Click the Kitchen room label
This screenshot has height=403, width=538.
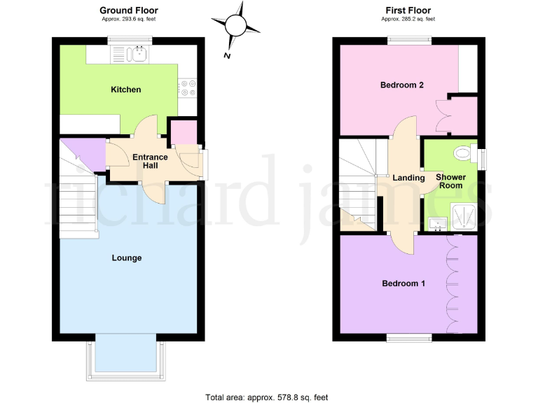tap(125, 90)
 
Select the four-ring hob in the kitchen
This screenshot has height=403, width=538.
tap(186, 87)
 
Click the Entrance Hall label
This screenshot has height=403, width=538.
tap(150, 161)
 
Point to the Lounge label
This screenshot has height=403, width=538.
tap(127, 258)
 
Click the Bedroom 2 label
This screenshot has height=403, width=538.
tap(403, 85)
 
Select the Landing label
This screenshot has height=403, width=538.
tap(408, 178)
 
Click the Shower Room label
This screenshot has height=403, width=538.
tap(450, 181)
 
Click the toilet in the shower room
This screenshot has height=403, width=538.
tap(462, 152)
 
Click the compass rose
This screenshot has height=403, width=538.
tap(238, 26)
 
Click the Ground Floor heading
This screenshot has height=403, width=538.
tap(128, 10)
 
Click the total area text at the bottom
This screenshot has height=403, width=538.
tap(266, 397)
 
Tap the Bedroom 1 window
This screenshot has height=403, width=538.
tap(410, 337)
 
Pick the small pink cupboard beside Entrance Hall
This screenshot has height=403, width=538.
tap(184, 132)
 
